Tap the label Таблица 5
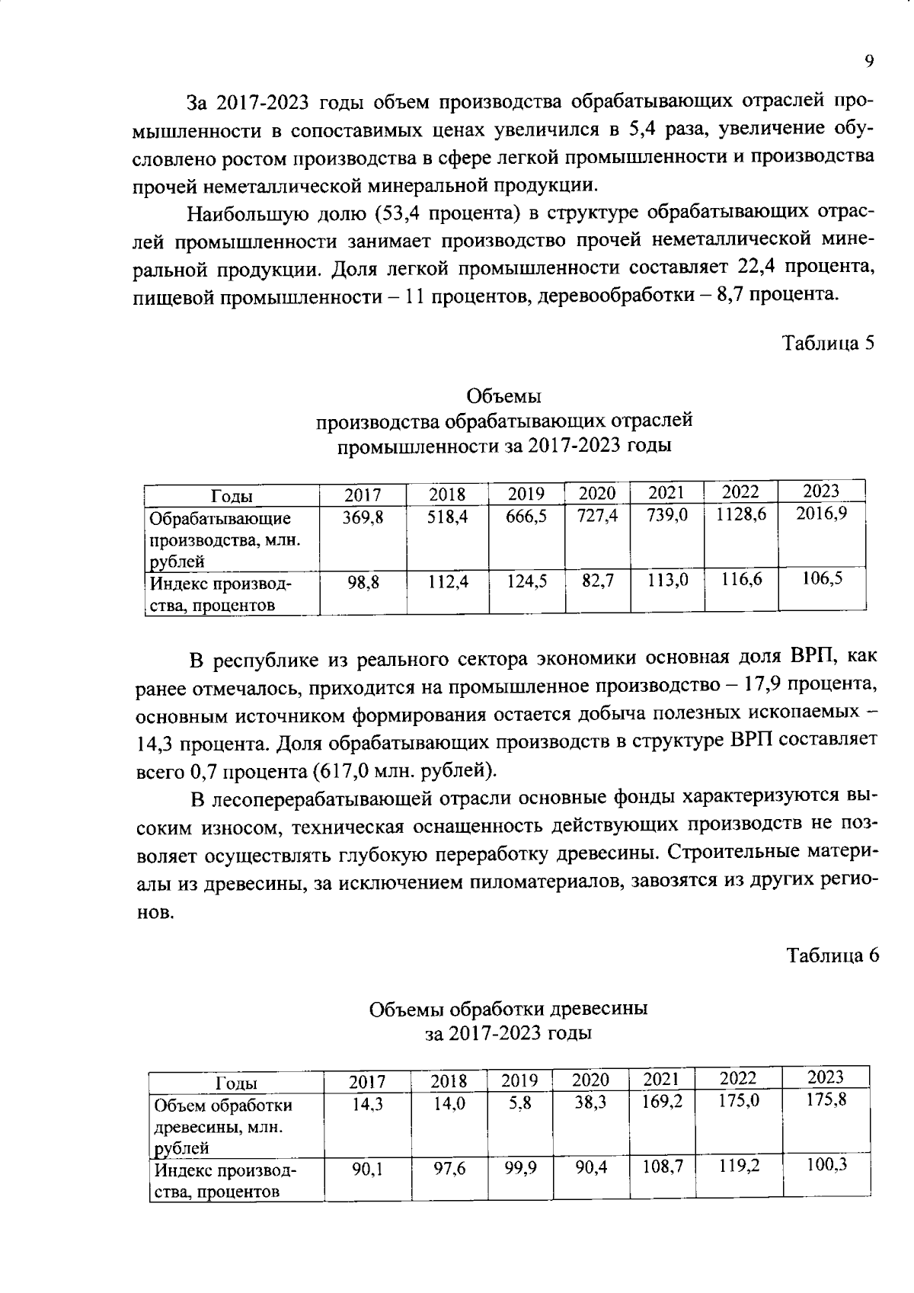829,343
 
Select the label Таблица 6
833,955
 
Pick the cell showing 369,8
363,517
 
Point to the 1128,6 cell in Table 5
740,515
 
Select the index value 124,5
526,582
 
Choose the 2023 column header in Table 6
826,1077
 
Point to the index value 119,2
739,1167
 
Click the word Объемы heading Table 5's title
503,397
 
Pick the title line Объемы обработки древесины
508,1010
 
